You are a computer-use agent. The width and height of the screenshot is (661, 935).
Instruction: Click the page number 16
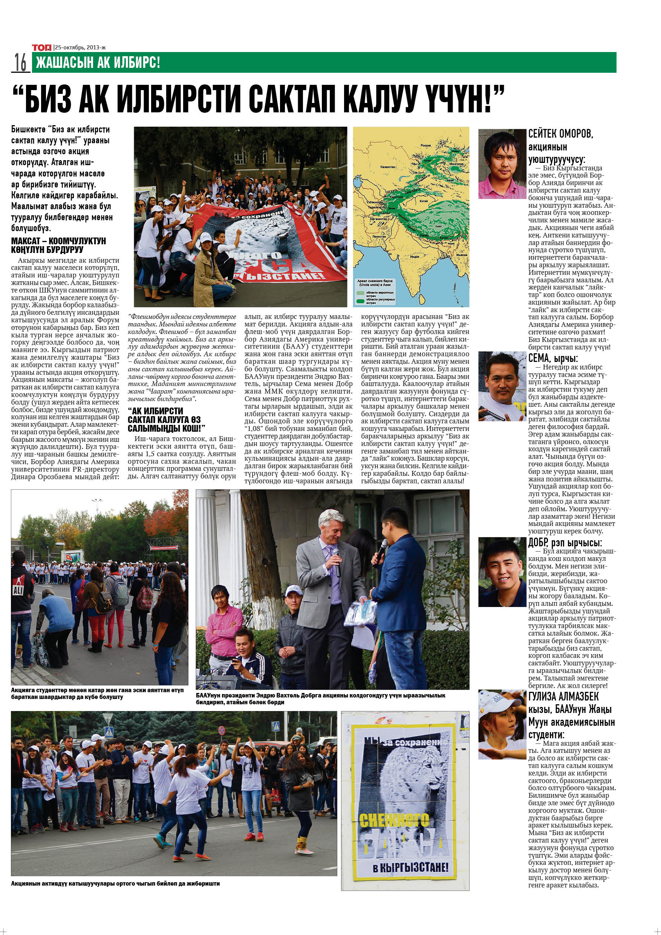(x=20, y=63)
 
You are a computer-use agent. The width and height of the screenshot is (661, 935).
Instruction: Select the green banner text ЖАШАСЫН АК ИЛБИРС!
(x=98, y=63)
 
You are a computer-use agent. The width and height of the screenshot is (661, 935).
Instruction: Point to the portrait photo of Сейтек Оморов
(x=502, y=164)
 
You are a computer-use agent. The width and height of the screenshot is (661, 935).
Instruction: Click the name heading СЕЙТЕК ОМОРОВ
(x=560, y=133)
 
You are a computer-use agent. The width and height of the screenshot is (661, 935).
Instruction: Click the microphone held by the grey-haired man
(x=337, y=560)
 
